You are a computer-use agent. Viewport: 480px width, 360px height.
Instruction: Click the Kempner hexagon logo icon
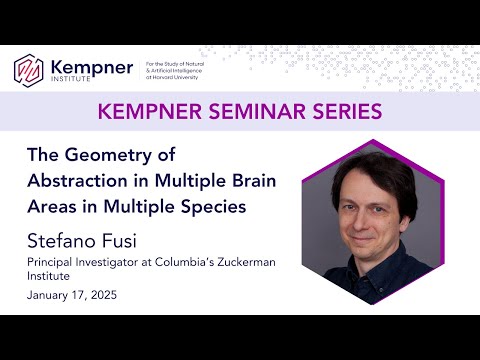[x=28, y=70]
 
